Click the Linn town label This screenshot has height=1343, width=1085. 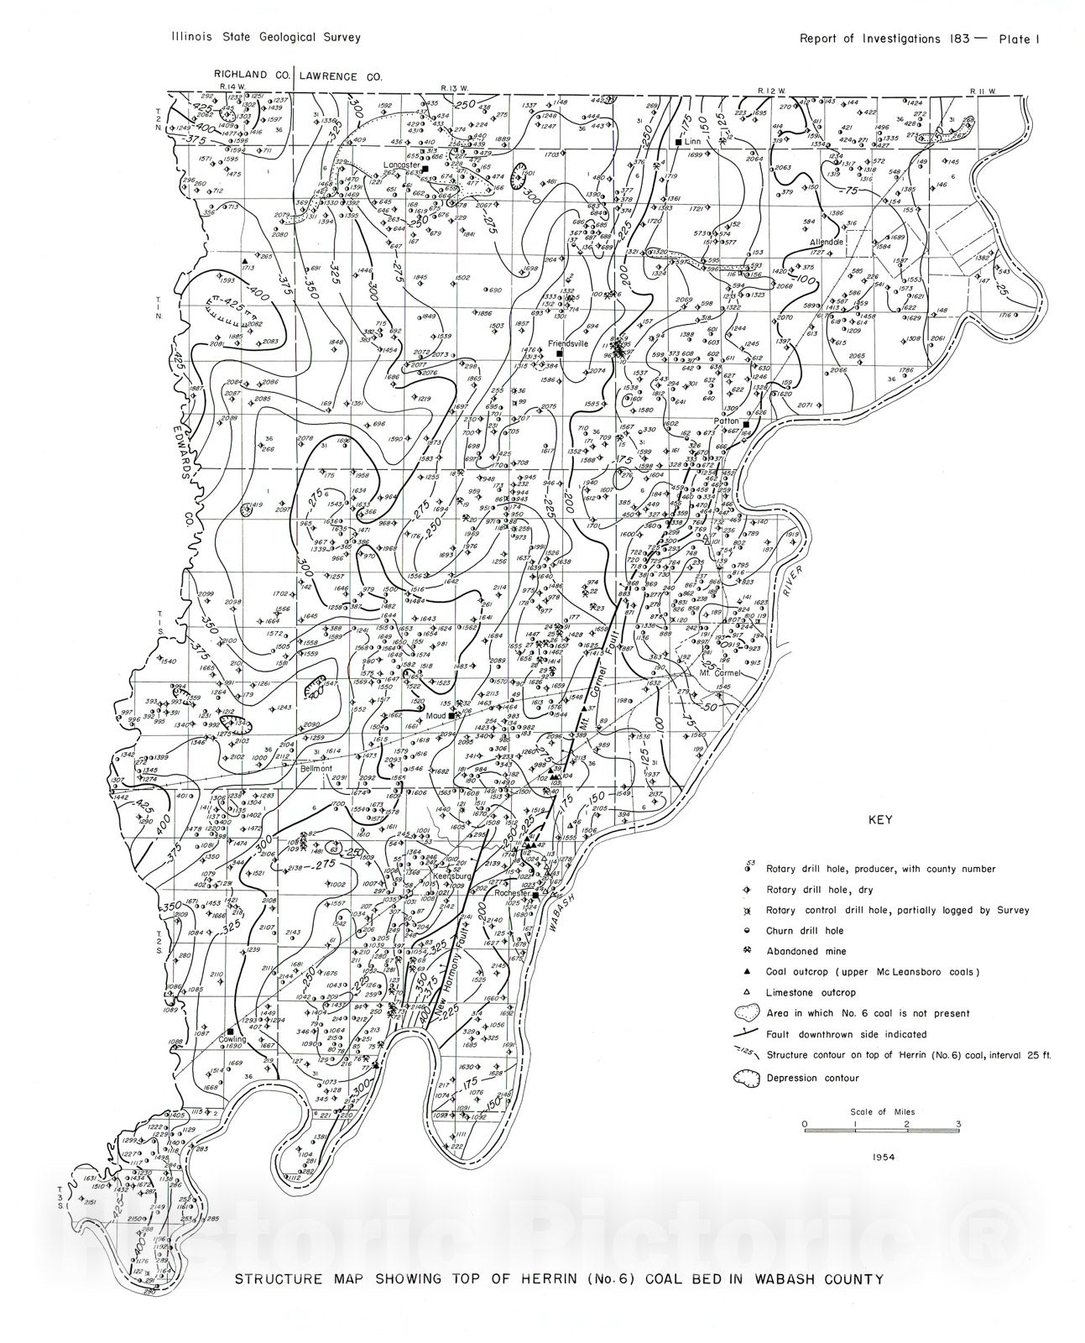(x=692, y=143)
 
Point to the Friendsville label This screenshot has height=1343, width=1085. (x=568, y=344)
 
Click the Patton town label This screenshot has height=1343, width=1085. (x=726, y=421)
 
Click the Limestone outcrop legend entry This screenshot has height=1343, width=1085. (x=804, y=992)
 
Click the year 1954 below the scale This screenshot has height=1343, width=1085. (x=883, y=1157)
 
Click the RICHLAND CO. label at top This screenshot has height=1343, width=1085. (x=251, y=75)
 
